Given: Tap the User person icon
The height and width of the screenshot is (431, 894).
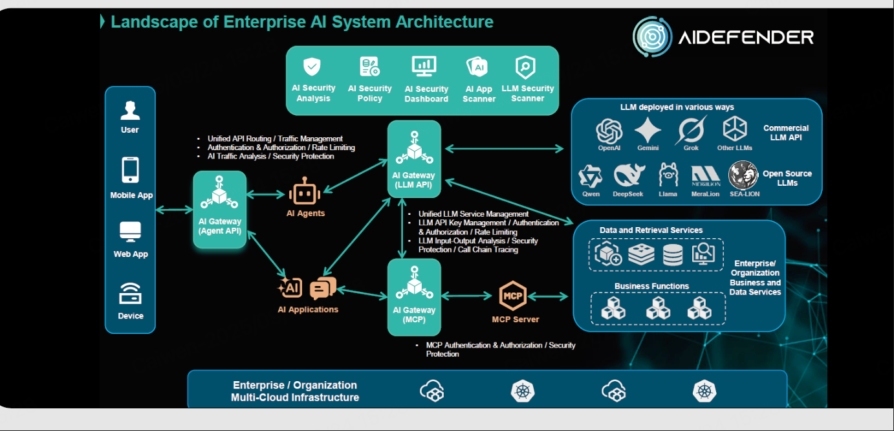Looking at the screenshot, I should (x=130, y=111).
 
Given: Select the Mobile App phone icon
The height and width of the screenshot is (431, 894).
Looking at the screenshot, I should (x=130, y=170).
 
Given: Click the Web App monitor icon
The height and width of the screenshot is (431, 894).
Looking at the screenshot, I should (x=130, y=232).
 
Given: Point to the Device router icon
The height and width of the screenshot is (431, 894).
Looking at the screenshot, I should (x=130, y=294).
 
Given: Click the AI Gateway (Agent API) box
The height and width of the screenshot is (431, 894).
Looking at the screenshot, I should (x=220, y=210).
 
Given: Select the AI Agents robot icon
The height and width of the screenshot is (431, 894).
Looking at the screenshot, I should (x=305, y=194).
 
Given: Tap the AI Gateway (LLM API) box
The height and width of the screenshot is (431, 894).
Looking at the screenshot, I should (x=414, y=159).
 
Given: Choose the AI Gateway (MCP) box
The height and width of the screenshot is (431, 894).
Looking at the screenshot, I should (x=414, y=297).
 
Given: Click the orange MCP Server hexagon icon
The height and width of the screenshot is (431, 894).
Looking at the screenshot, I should (x=513, y=296).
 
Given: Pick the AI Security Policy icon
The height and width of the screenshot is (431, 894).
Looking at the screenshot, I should (x=370, y=67).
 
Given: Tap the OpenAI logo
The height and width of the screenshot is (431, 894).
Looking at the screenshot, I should (x=609, y=131).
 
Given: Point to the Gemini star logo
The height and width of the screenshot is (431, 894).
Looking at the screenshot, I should (x=648, y=131).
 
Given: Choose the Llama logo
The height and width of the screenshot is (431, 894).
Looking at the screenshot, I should (x=668, y=175).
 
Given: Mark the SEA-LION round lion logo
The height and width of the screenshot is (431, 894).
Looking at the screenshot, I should (x=743, y=175).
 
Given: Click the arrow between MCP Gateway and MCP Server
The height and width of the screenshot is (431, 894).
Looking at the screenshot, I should (x=466, y=296).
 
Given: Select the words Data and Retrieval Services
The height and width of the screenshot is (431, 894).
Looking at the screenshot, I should (x=651, y=230).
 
